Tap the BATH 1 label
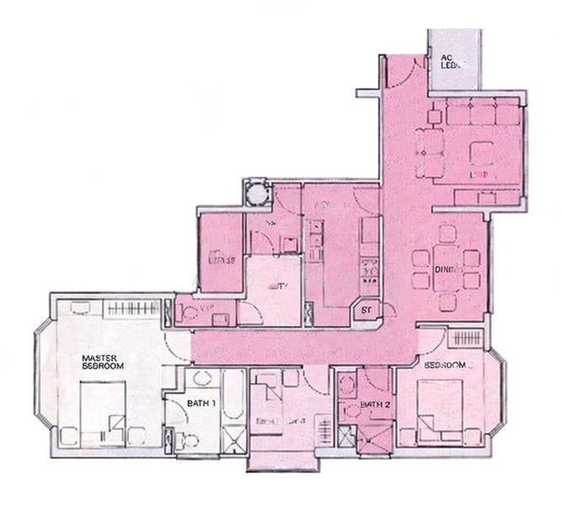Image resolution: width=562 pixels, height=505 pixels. click(202, 403)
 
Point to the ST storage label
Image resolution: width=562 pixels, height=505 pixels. click(367, 311)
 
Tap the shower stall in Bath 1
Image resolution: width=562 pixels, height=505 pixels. click(233, 439)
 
